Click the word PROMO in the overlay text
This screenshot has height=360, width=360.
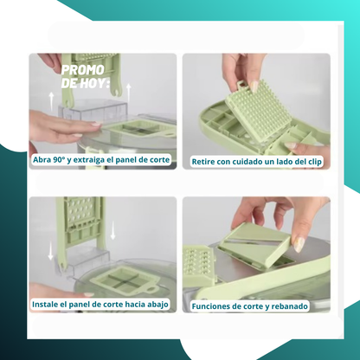[x=83, y=70]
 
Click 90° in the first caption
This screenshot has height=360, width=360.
[x=59, y=159]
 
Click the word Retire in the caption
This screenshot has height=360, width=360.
[x=203, y=162]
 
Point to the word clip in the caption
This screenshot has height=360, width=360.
[x=314, y=162]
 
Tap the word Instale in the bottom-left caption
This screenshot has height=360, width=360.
[x=43, y=305]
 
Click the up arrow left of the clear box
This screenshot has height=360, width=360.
[x=51, y=101]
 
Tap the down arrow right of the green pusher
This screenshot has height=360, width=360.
[x=112, y=230]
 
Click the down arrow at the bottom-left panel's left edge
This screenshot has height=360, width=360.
[x=51, y=251]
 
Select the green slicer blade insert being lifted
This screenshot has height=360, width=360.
[x=254, y=244]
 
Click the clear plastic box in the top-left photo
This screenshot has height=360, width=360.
[x=93, y=109]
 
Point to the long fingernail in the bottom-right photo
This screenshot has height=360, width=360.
[x=299, y=244]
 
